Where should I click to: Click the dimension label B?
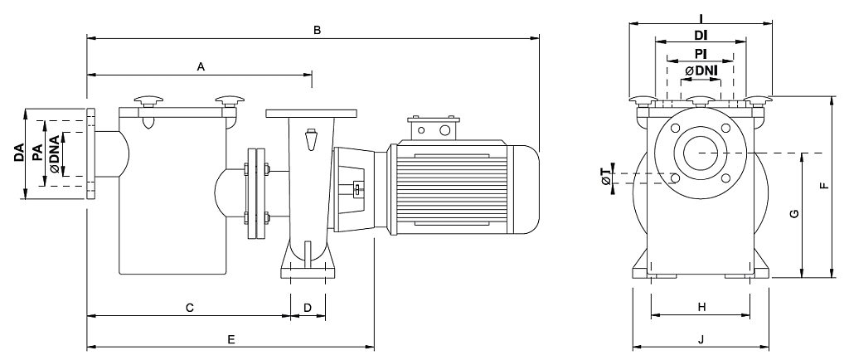tap(318, 30)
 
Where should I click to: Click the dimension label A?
tap(201, 66)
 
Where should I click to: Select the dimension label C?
tap(190, 308)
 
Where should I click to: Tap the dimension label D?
tap(308, 308)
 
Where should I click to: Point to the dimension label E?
tap(231, 339)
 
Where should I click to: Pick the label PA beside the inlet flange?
tap(36, 153)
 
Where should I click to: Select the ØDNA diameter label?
tap(55, 153)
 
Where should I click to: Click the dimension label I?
tap(701, 18)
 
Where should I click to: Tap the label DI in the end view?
tap(701, 36)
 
